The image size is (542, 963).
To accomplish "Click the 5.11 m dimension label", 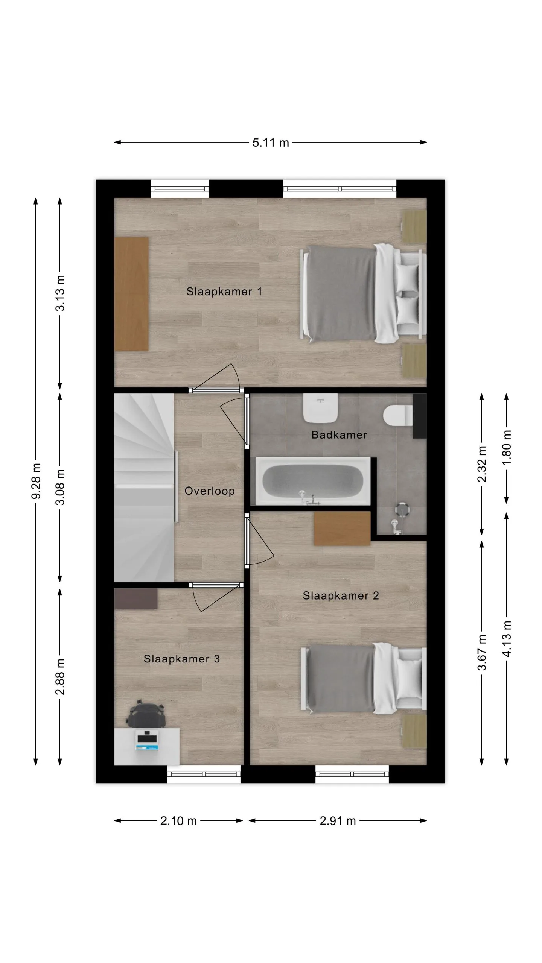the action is click(271, 143).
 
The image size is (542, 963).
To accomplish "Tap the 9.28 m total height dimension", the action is click(36, 481).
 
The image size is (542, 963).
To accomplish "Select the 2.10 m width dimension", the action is click(178, 821).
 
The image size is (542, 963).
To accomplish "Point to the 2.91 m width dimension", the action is click(338, 821).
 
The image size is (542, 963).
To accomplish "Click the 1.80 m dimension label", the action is click(507, 448).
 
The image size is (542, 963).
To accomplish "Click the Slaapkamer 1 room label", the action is click(224, 292).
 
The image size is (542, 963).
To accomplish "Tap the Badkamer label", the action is click(339, 435).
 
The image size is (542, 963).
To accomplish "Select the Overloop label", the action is click(210, 491).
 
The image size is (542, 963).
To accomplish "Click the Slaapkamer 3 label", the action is click(182, 659).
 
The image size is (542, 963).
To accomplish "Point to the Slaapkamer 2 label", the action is click(341, 595).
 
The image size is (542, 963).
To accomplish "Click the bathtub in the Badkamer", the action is click(313, 481).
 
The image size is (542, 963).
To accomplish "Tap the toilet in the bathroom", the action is click(398, 415).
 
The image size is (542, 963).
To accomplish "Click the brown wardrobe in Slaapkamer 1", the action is click(131, 294).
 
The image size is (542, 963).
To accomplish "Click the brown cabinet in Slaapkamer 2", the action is click(342, 528).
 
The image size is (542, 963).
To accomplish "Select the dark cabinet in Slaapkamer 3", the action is click(136, 598).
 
